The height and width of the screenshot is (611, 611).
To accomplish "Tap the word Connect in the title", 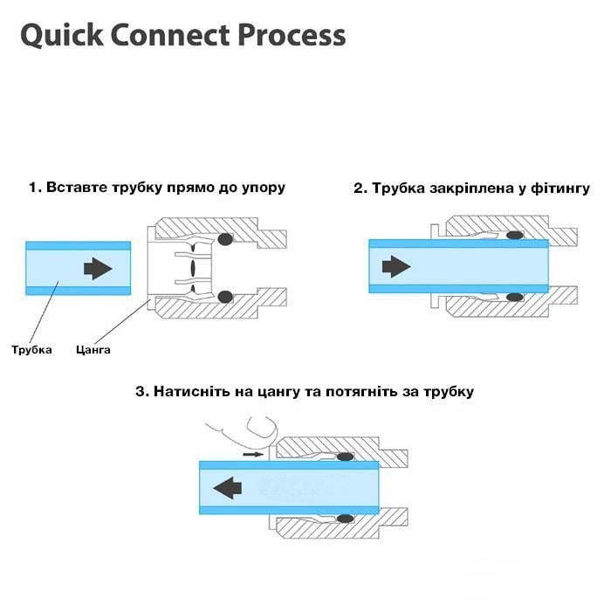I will (169, 37).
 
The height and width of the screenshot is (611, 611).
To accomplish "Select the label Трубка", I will (31, 350).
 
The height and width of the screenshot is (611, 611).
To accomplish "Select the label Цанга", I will (93, 350).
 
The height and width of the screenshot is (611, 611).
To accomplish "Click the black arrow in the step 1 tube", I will (99, 269).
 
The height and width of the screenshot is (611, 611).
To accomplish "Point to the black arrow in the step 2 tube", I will (397, 264).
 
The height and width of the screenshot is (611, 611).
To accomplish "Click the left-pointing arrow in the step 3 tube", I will (228, 488).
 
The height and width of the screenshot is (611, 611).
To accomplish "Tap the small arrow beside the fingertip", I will (252, 455).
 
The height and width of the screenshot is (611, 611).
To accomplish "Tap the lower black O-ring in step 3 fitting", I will (346, 518).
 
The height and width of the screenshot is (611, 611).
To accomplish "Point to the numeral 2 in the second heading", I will (358, 189).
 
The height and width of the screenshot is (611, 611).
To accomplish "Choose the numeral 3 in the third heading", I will (140, 392).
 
